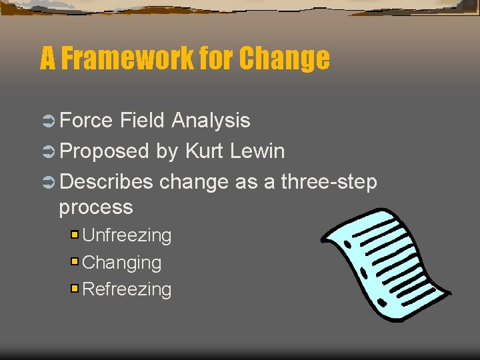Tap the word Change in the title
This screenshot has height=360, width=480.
click(284, 59)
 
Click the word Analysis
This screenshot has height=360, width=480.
click(211, 121)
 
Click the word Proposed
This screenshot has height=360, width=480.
click(104, 151)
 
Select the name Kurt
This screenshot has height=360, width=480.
click(205, 151)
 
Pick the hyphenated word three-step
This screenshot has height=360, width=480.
click(329, 181)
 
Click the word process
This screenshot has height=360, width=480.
click(96, 207)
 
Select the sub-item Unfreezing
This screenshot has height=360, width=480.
click(127, 235)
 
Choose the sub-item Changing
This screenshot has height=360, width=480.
click(121, 263)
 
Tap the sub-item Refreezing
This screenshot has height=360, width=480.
click(127, 289)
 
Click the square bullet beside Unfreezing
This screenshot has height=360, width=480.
click(75, 235)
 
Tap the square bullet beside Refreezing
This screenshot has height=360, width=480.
click(75, 289)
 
